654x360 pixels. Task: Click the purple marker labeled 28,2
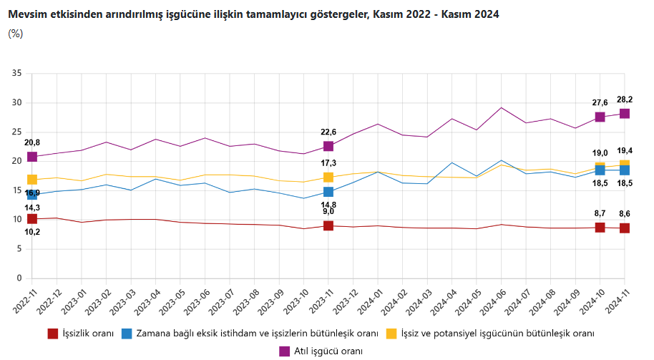coord(625,114)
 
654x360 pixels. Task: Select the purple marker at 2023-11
coord(328,146)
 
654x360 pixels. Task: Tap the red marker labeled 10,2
coord(32,219)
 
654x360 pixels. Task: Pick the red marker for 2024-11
coord(625,228)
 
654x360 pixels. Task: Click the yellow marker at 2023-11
coord(328,177)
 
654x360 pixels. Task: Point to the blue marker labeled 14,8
coord(328,192)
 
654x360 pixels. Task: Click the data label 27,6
coord(599,102)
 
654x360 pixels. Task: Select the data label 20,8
coord(32,142)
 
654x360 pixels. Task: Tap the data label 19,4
coord(625,151)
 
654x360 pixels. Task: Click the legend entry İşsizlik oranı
coord(88,334)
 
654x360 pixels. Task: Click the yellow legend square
coord(391,334)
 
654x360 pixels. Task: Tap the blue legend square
coord(127,334)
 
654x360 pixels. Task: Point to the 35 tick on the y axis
coord(17,74)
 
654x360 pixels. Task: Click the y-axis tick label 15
coord(17,190)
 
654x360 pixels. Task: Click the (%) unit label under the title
coord(15,34)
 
